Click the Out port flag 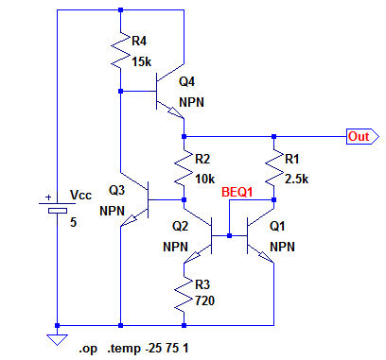tap(362, 136)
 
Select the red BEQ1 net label tap(237, 192)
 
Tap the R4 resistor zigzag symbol tap(120, 49)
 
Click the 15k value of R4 tap(142, 61)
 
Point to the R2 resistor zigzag tap(184, 167)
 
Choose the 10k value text tap(205, 179)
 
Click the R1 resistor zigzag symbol tap(273, 167)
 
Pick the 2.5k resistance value tap(296, 179)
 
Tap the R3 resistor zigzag tap(184, 294)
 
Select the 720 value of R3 tap(205, 300)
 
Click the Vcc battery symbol tap(57, 207)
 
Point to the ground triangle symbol tap(57, 340)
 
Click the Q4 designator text tap(186, 81)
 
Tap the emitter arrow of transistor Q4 tap(176, 112)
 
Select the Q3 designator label tap(116, 190)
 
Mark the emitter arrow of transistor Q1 tap(266, 257)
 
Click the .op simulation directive tap(88, 349)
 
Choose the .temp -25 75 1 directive tap(149, 349)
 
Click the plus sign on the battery tap(48, 197)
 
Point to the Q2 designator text tap(180, 226)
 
